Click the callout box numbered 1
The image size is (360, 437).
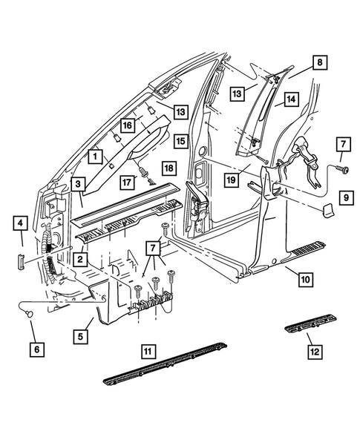[x=95, y=157]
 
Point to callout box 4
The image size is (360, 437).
[x=21, y=223]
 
